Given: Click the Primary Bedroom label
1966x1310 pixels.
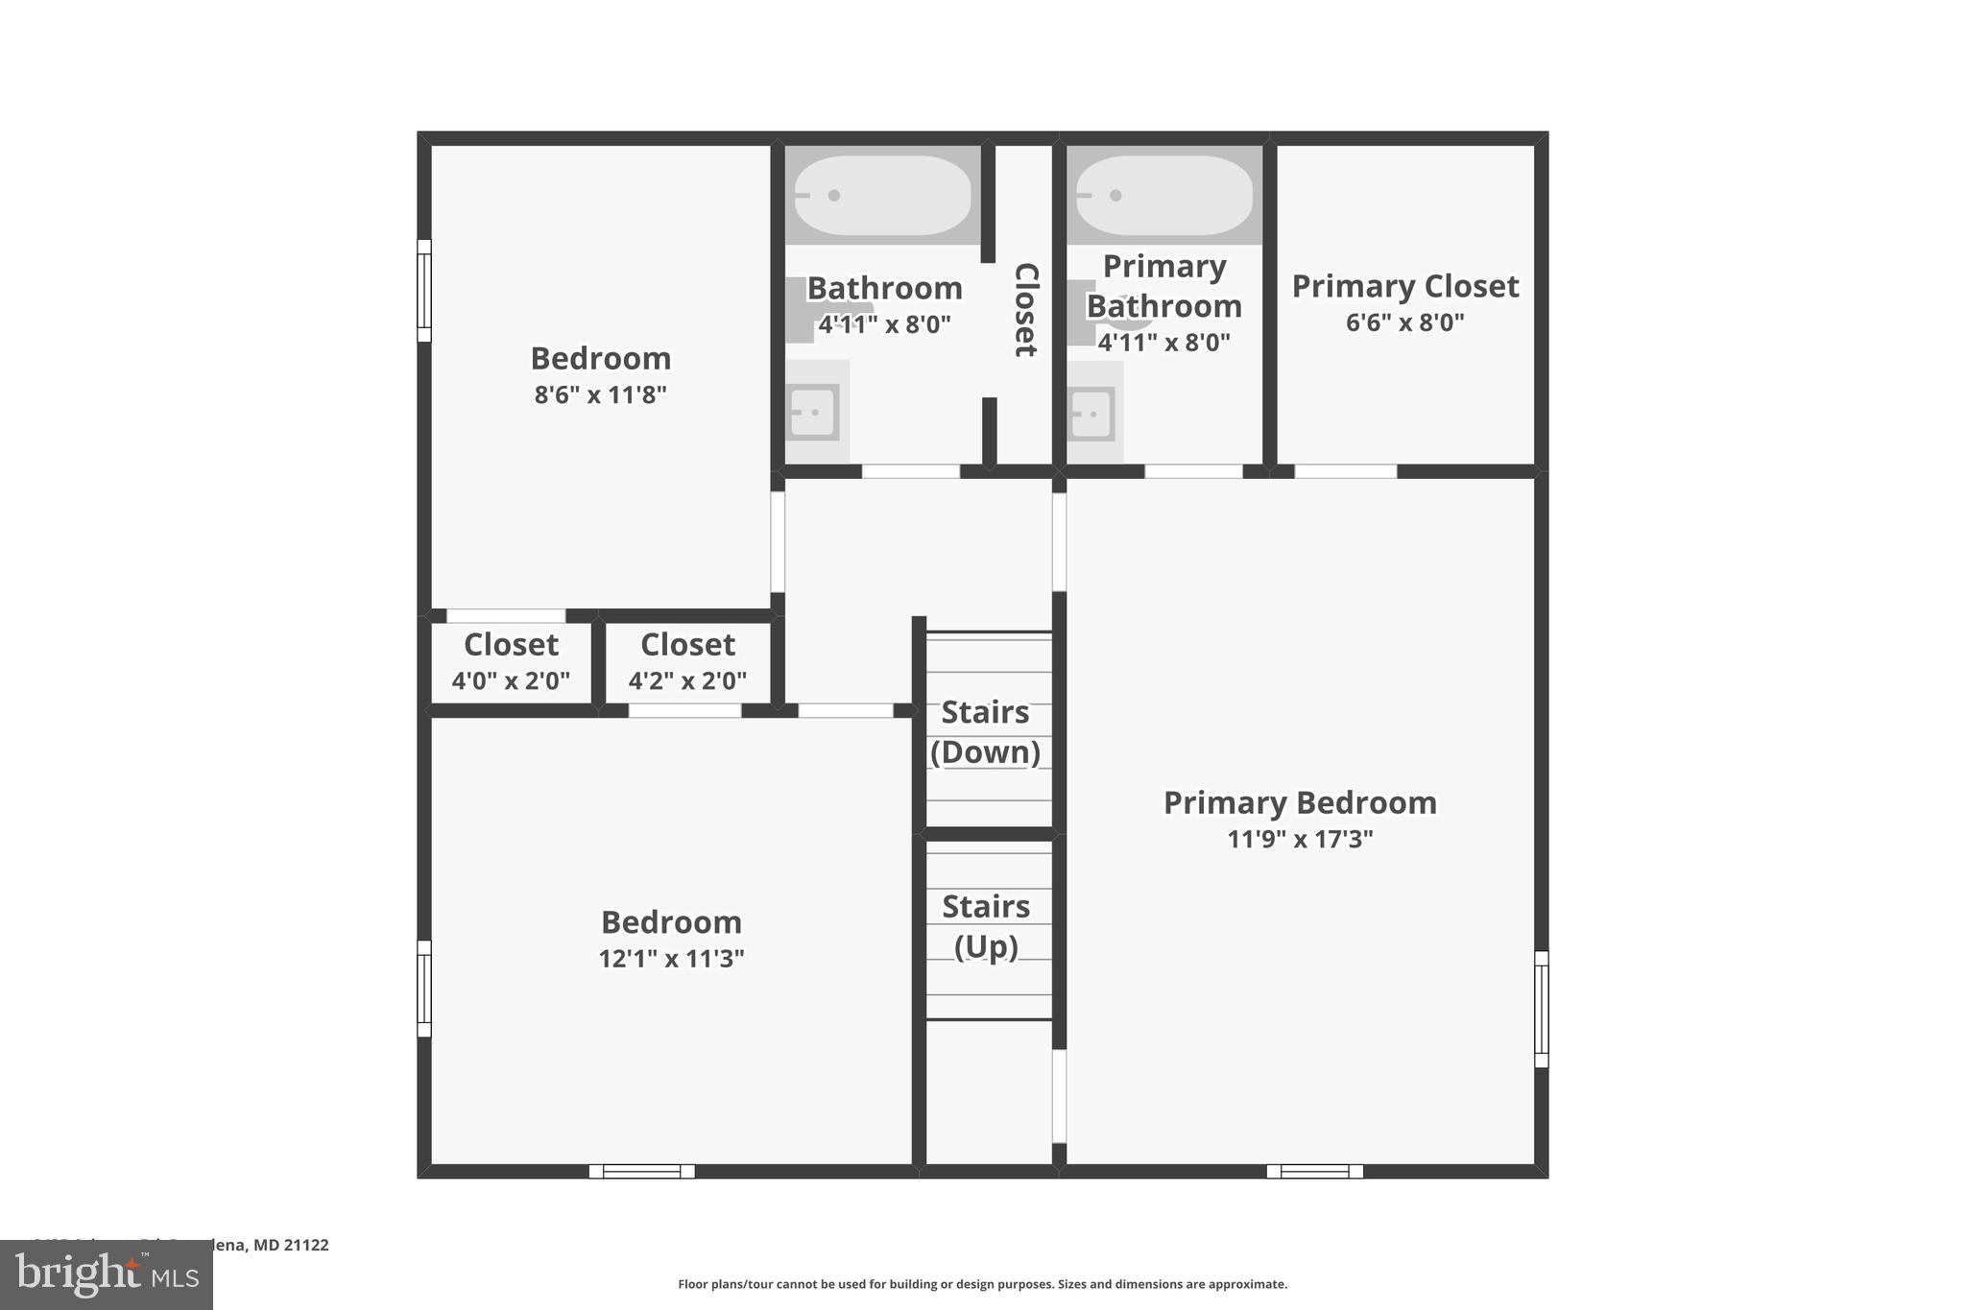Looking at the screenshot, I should click(x=1300, y=803).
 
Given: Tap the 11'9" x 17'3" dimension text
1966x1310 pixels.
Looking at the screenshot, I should click(x=1300, y=840).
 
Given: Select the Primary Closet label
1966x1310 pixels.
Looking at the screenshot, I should click(x=1404, y=286).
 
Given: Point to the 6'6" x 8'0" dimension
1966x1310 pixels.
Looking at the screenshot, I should click(x=1404, y=322).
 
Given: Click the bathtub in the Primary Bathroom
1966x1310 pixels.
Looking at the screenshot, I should click(x=1163, y=196).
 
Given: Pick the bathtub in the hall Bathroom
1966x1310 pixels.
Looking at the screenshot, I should click(x=882, y=196).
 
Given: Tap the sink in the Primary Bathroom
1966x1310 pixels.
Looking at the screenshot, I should click(x=1091, y=414).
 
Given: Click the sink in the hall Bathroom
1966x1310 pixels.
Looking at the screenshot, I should click(x=813, y=413).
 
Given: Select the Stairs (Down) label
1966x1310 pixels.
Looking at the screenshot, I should click(x=985, y=731).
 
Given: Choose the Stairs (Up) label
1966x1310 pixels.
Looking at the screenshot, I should click(x=986, y=926).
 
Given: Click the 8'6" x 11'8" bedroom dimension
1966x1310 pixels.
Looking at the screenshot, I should click(x=600, y=394).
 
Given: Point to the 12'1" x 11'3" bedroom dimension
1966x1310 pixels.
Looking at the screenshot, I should click(x=671, y=959).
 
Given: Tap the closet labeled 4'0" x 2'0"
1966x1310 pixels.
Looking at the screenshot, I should click(x=511, y=662).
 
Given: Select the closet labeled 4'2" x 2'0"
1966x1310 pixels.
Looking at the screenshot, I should click(x=687, y=662).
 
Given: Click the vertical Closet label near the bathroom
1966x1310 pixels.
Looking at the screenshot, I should click(x=1026, y=309).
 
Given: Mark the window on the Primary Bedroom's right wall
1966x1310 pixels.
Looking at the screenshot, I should click(x=1541, y=1009).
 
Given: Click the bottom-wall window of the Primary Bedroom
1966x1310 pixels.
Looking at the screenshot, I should click(x=1314, y=1171).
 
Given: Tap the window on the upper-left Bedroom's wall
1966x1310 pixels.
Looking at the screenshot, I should click(x=424, y=291).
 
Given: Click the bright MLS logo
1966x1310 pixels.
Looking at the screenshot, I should click(x=107, y=1274).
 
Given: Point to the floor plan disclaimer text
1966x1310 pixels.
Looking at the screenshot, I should click(x=982, y=1284).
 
